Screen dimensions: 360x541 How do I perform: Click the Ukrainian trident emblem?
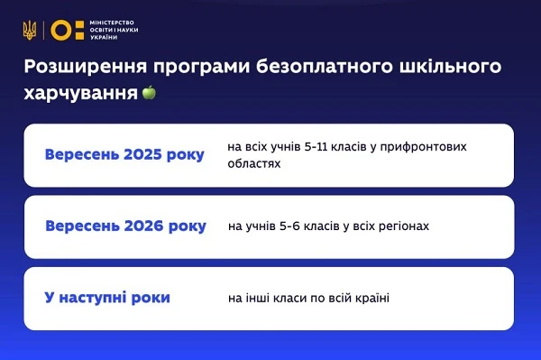tap(30, 30)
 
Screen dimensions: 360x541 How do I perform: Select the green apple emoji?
tap(149, 92)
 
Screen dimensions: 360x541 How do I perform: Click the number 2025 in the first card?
tap(142, 155)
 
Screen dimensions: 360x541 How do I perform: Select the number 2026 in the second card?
tap(142, 226)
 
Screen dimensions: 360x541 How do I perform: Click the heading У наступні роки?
tap(106, 297)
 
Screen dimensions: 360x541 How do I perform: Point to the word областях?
tap(254, 164)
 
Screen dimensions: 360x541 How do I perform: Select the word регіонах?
tap(403, 226)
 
